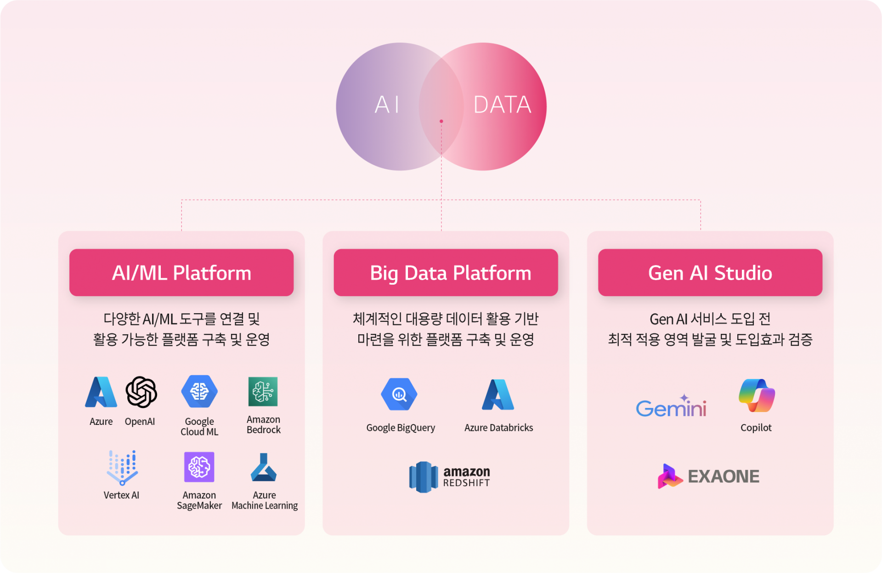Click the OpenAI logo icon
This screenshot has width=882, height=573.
141,392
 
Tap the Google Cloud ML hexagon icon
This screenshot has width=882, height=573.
199,391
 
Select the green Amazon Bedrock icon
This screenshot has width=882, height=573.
263,391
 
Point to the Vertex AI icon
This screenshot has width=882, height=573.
122,468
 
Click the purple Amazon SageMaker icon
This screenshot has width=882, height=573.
199,467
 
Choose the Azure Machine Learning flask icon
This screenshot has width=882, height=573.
264,467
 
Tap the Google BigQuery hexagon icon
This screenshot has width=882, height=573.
399,394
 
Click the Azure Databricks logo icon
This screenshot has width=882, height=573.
498,395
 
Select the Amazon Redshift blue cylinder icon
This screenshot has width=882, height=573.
423,477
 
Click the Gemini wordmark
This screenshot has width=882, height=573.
671,406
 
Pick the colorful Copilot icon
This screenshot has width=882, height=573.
757,395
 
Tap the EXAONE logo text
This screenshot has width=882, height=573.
724,476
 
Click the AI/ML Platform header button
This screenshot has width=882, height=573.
181,273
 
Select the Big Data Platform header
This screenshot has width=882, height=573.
446,273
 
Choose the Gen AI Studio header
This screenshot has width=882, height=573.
710,273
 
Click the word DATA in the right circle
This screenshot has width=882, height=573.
502,104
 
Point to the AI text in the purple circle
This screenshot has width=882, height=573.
387,104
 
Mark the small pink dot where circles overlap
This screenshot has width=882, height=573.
441,121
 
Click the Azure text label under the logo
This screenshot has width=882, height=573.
101,421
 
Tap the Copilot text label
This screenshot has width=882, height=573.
756,428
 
